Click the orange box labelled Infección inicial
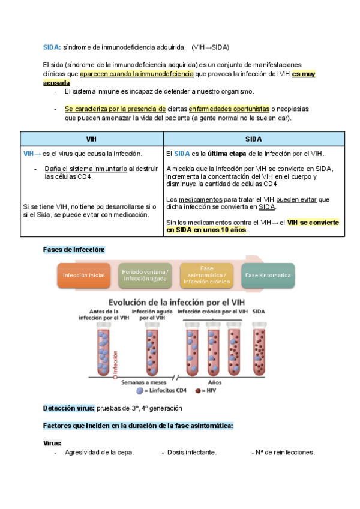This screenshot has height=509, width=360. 84,275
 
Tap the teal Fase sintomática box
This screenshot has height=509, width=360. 268,275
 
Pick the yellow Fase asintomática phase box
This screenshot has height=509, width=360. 208,275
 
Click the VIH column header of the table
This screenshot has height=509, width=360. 92,139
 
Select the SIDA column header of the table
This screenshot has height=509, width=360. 254,139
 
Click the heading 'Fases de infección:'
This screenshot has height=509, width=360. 74,249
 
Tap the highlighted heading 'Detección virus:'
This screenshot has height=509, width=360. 68,408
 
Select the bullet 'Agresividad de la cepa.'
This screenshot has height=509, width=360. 99,453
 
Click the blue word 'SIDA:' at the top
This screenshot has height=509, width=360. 52,47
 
